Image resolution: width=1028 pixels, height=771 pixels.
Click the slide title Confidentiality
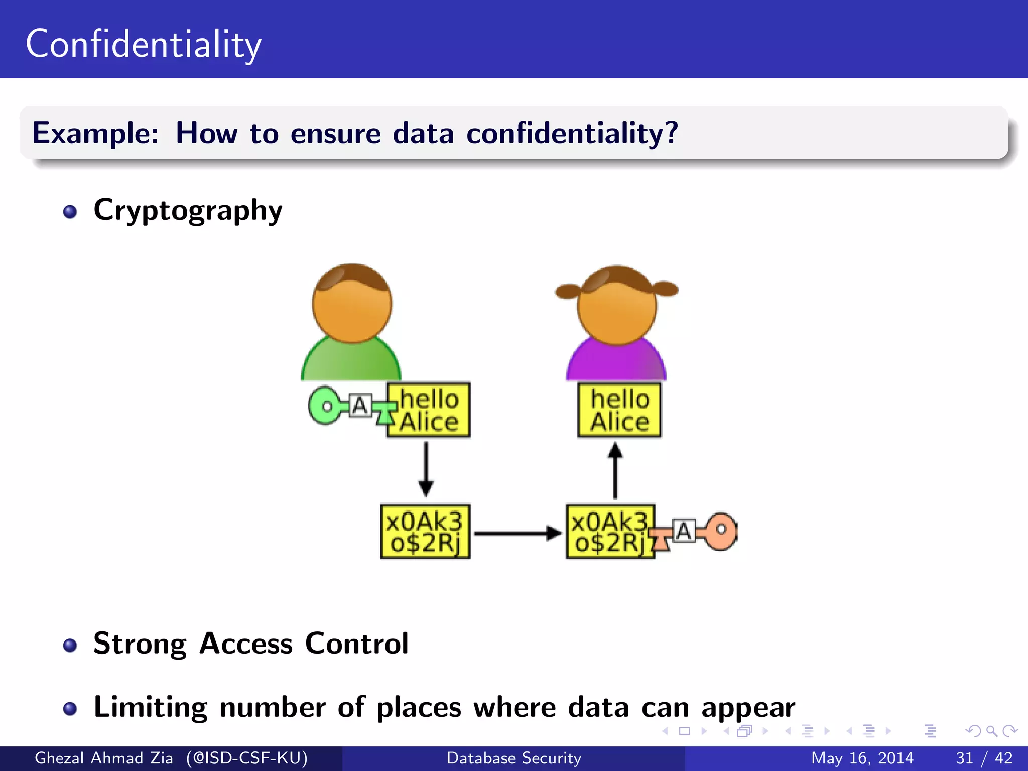click(x=144, y=44)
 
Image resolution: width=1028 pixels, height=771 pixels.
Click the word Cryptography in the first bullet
click(x=188, y=210)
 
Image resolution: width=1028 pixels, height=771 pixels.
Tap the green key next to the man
click(x=326, y=406)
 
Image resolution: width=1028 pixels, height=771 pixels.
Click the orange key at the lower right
click(x=721, y=531)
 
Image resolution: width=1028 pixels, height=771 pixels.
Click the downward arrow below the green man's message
click(x=426, y=469)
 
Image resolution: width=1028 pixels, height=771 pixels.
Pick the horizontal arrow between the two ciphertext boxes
click(x=517, y=533)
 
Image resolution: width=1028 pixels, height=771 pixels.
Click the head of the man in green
click(x=352, y=304)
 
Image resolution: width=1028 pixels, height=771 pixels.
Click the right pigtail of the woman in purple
click(x=665, y=289)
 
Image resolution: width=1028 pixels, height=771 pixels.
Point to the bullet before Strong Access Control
click(x=70, y=645)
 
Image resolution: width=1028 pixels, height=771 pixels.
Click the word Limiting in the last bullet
click(x=150, y=707)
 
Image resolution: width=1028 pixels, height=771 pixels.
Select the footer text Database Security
click(x=513, y=758)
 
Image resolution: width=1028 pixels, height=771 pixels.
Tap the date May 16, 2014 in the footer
click(x=862, y=758)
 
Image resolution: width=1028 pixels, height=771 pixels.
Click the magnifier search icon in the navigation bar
click(x=991, y=731)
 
